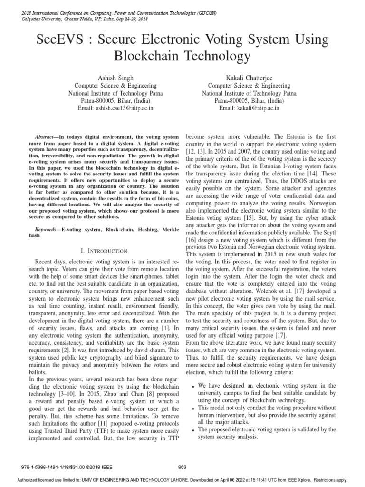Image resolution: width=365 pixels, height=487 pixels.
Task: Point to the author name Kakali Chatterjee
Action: (x=249, y=77)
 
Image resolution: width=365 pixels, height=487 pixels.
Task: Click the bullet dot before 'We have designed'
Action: (x=191, y=386)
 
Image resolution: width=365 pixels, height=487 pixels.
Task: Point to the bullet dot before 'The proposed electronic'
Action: (x=191, y=430)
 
